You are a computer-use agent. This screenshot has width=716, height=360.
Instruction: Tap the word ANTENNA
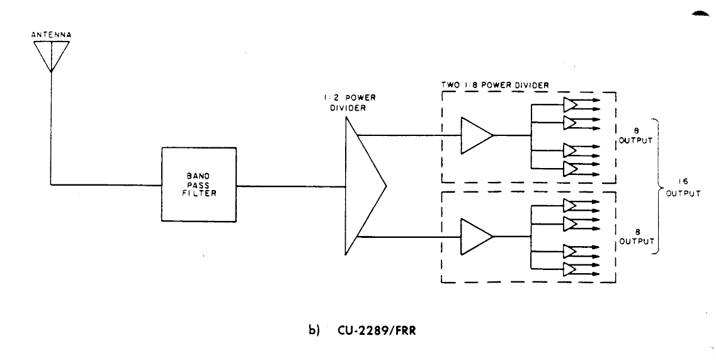52,35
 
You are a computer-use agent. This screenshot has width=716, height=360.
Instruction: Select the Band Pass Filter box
199,185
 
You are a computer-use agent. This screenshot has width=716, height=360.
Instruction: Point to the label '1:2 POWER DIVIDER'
348,102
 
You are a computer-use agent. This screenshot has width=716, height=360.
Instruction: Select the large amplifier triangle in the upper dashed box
476,135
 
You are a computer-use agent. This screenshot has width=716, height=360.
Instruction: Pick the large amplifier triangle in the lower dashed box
476,237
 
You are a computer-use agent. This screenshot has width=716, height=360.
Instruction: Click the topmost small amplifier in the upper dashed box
571,104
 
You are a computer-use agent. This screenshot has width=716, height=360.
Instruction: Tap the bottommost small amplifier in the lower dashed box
571,269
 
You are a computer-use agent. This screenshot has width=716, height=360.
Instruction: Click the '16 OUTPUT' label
683,187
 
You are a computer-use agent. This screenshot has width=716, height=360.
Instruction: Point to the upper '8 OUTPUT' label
635,136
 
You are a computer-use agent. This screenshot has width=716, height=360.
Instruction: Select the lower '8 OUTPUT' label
635,237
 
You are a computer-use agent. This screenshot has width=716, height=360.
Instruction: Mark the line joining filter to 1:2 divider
291,186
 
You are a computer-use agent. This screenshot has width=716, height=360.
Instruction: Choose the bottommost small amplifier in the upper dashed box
571,169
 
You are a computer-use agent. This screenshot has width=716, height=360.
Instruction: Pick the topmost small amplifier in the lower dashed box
571,205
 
